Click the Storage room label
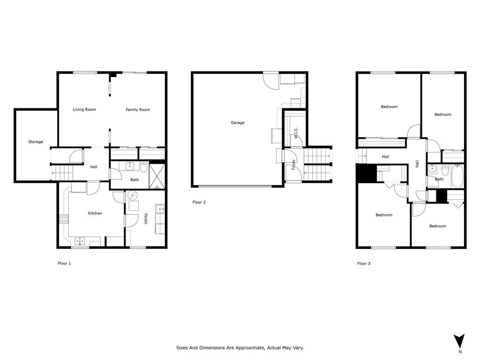tap(36, 142)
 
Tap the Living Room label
tap(84, 110)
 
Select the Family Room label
tap(138, 110)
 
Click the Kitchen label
tap(95, 213)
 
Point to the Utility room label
tap(146, 218)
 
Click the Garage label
tap(237, 123)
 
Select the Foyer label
tap(294, 165)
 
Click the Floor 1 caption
tap(64, 263)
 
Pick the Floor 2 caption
tap(199, 202)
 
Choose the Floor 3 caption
tap(364, 263)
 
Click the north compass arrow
tap(459, 341)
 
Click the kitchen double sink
tap(81, 241)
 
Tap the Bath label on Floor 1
tap(135, 180)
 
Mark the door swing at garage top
tap(270, 81)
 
